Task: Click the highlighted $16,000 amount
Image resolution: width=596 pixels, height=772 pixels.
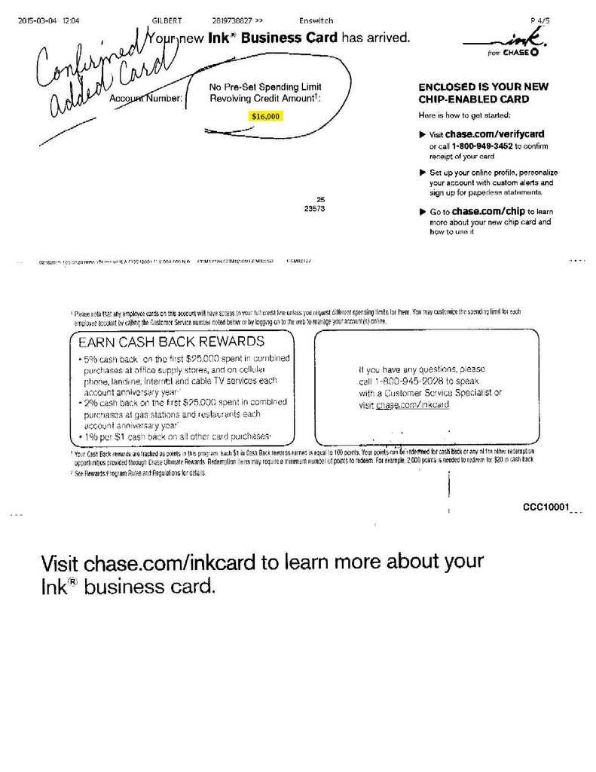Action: coord(266,117)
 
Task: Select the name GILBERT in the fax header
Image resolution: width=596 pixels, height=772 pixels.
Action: coord(167,20)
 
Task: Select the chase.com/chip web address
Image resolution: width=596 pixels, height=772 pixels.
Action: coord(489,213)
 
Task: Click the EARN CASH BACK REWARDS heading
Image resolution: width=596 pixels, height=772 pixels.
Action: coord(171,342)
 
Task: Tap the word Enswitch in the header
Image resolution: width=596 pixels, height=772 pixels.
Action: coord(316,20)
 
